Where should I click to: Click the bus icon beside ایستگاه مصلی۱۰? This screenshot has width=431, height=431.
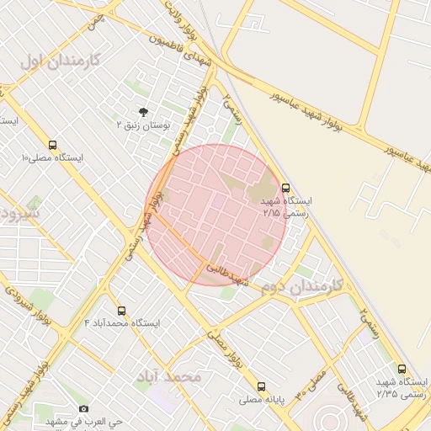point(53,145)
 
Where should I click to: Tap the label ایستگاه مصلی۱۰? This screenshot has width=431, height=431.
point(52,158)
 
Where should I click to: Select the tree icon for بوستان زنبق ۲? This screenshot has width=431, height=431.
point(143,112)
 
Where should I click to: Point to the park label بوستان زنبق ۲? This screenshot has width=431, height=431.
point(143,125)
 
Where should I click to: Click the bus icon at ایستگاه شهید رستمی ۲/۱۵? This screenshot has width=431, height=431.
point(285,188)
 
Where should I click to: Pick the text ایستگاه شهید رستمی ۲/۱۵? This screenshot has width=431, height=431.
point(287,208)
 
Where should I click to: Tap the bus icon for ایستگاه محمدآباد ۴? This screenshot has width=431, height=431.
point(122,311)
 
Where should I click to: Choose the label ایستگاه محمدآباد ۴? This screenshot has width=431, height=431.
point(122,323)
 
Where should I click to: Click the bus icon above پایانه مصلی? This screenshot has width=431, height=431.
point(262,387)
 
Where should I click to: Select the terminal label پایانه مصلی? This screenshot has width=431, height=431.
point(262,400)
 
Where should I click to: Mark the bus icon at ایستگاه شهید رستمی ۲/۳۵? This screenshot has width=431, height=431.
point(402,368)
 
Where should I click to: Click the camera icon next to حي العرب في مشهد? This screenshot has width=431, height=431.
point(82,410)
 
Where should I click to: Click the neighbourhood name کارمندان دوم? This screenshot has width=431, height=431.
point(302,286)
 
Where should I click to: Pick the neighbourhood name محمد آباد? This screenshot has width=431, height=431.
point(172,375)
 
